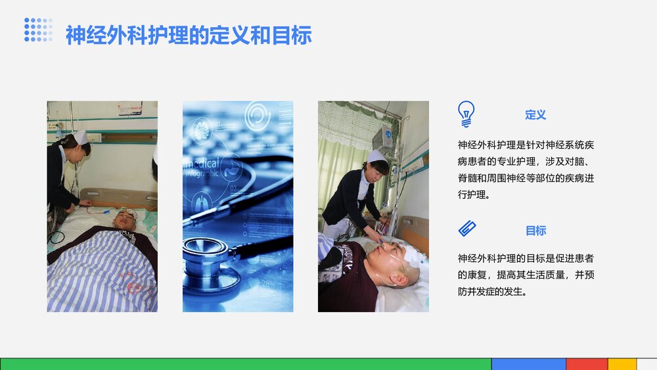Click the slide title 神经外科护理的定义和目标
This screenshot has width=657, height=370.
click(188, 35)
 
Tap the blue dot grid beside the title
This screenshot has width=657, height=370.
click(38, 30)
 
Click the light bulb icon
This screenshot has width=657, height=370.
click(466, 114)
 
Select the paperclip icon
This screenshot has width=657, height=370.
click(466, 229)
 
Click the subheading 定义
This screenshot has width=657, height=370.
click(535, 114)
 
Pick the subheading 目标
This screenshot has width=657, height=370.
click(535, 231)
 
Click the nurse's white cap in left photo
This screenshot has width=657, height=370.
click(80, 137)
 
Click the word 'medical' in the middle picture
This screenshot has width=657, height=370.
click(204, 164)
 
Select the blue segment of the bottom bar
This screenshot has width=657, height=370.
click(528, 364)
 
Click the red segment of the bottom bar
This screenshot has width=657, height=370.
click(586, 364)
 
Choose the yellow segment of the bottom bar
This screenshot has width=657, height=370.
click(622, 364)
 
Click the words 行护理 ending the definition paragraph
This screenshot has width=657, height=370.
click(474, 195)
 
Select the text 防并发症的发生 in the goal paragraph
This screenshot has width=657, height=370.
click(492, 291)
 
